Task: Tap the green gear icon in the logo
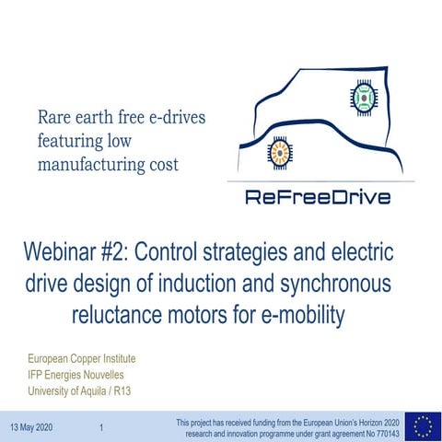point(362,97)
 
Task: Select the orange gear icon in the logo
point(277,151)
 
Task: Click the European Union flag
point(423,425)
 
